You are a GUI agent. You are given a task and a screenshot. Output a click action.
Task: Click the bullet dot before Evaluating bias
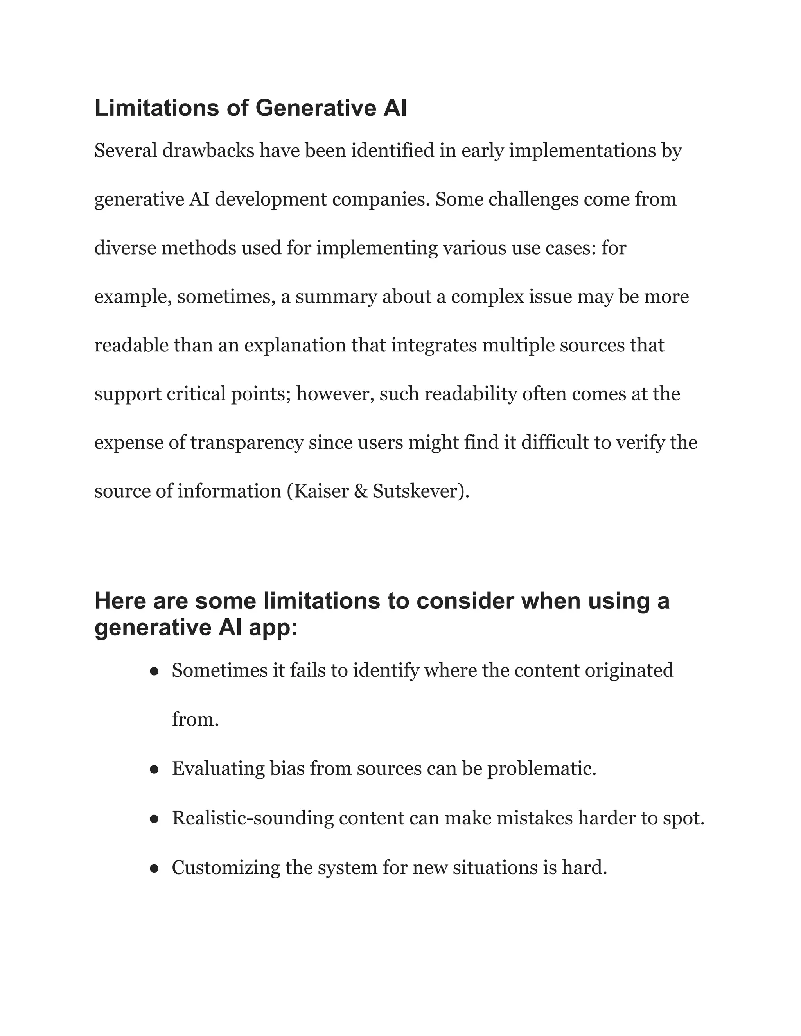click(x=154, y=770)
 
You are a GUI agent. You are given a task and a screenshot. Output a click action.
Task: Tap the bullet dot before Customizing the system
click(x=154, y=869)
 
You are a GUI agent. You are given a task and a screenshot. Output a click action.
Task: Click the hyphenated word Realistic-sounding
click(x=252, y=819)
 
